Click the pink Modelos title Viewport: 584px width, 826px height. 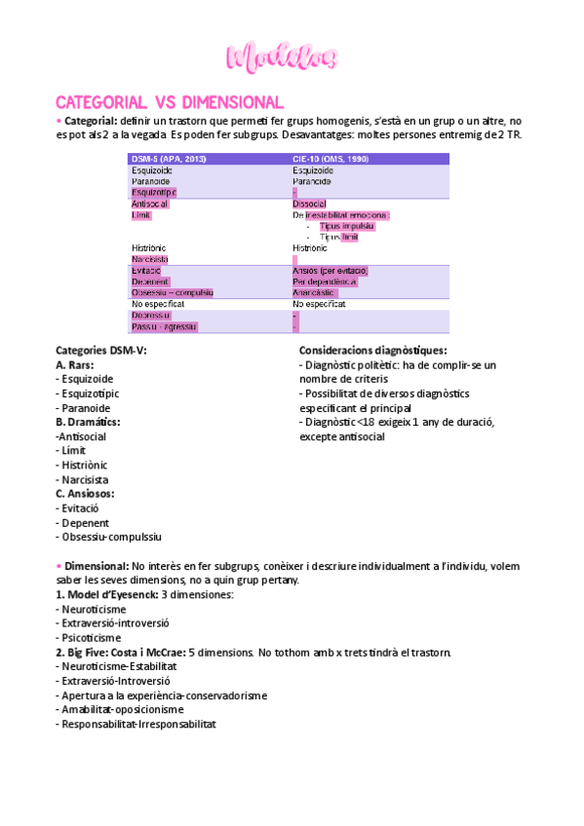click(x=283, y=57)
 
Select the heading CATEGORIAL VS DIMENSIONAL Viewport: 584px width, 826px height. click(x=170, y=102)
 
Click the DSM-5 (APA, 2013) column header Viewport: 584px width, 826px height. click(x=169, y=159)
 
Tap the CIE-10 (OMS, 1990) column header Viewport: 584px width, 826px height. click(x=331, y=159)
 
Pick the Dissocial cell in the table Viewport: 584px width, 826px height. click(x=309, y=204)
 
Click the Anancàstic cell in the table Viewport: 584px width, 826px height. click(x=314, y=292)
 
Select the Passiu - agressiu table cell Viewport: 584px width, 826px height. click(x=165, y=326)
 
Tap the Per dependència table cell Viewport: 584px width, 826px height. click(x=325, y=282)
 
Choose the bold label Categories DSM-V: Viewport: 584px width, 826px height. click(x=101, y=350)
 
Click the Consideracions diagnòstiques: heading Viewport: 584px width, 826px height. click(x=373, y=350)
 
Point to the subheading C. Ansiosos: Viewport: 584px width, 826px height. click(x=86, y=494)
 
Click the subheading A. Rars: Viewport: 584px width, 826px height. click(x=74, y=364)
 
